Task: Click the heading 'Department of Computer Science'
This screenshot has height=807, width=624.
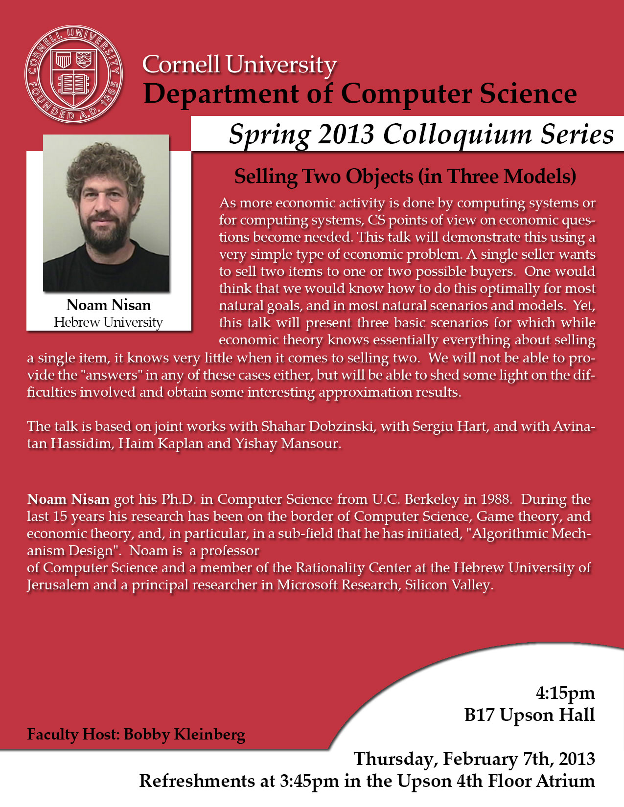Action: [x=360, y=93]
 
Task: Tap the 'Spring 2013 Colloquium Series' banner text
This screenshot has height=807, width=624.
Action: [x=421, y=134]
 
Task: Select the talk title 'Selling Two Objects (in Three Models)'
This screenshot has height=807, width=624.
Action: [x=405, y=177]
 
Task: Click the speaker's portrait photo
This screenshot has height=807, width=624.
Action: [x=106, y=213]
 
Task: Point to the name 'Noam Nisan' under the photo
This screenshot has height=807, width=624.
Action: [x=109, y=305]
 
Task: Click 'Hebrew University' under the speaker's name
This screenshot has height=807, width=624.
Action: [x=109, y=322]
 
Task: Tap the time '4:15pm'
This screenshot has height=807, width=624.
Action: [x=565, y=693]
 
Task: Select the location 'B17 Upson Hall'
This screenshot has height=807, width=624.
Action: [x=530, y=715]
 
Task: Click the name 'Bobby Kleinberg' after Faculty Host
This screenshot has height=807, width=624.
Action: [x=185, y=734]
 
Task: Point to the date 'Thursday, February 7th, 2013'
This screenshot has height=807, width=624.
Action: [x=474, y=759]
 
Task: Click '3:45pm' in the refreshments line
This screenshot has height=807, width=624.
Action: [x=309, y=781]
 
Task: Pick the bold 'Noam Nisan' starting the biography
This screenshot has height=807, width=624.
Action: [x=68, y=499]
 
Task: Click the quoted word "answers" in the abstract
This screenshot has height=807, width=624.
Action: [x=112, y=375]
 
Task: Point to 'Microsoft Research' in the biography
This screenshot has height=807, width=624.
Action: [x=337, y=585]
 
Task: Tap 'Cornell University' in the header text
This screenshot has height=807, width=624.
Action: [x=239, y=65]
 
